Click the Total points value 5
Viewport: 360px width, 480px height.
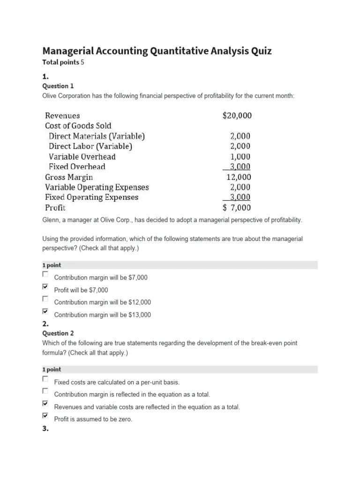pos(82,62)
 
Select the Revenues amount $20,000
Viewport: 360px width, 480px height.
pos(240,115)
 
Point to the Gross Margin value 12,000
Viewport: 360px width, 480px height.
pos(239,177)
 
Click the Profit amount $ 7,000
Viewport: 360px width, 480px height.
pos(237,208)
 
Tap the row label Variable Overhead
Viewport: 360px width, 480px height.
pos(82,157)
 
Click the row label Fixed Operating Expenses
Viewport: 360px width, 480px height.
pos(91,197)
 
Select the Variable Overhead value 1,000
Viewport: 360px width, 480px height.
pos(240,157)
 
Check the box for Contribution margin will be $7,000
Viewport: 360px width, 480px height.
pos(45,274)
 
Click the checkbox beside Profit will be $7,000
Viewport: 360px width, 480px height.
pos(45,286)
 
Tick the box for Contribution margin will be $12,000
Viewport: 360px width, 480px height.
pos(45,299)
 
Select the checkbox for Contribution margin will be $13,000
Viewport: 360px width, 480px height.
pos(45,311)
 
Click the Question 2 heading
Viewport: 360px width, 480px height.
pos(58,333)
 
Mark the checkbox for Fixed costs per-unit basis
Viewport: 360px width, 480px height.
pos(45,378)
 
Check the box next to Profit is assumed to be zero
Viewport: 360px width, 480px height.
pos(45,415)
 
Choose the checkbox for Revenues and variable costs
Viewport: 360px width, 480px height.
pos(45,403)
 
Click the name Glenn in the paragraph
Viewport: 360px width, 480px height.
pos(51,220)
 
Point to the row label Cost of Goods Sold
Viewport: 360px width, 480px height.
pos(78,126)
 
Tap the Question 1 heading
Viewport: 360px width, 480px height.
pos(58,86)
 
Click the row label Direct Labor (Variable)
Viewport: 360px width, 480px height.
pos(90,146)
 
